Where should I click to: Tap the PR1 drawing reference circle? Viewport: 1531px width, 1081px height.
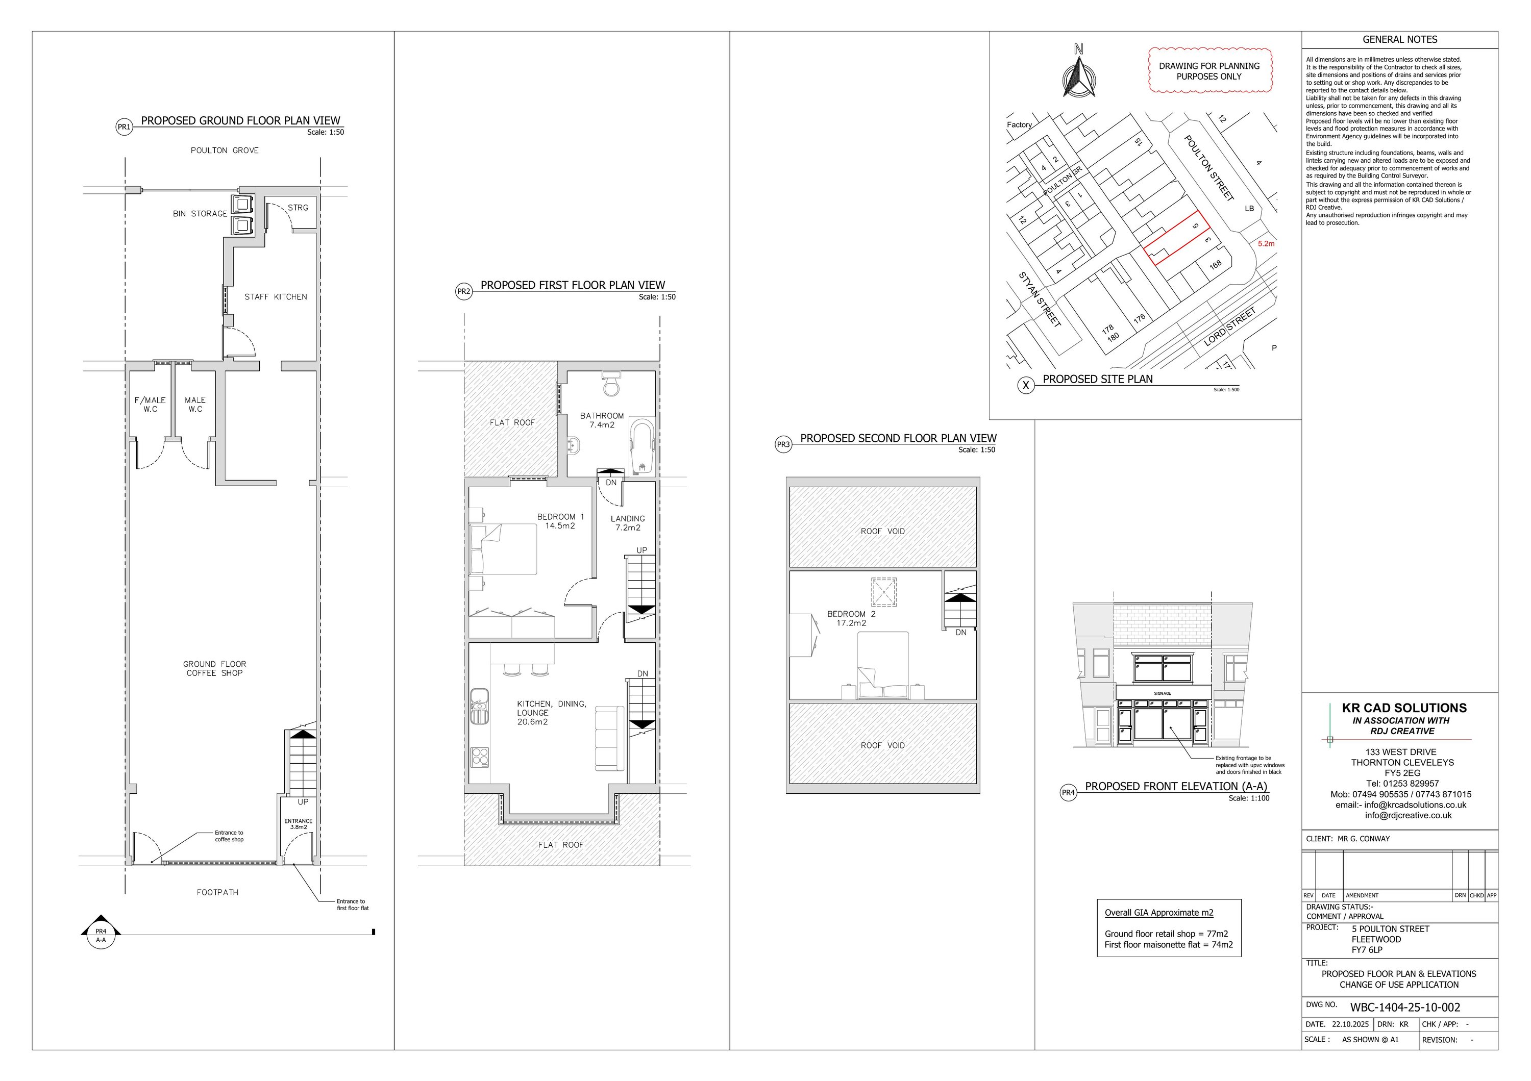(x=124, y=127)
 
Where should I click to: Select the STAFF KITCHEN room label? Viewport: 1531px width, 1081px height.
(x=276, y=296)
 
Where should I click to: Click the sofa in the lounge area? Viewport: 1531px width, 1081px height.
(x=609, y=737)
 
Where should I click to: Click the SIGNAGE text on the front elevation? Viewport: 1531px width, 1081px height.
(x=1162, y=693)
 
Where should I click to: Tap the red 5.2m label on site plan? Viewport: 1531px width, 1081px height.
(x=1266, y=244)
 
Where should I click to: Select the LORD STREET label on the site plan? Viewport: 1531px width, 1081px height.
(x=1230, y=326)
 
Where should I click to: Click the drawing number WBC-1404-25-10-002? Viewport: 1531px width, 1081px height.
(x=1405, y=1007)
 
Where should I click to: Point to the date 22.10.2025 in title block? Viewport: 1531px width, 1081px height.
(x=1350, y=1024)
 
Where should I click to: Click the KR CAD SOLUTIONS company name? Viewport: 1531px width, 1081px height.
(x=1404, y=708)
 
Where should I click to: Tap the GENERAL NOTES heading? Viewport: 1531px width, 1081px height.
(x=1400, y=39)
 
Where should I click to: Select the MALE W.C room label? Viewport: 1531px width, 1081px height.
(x=195, y=405)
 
